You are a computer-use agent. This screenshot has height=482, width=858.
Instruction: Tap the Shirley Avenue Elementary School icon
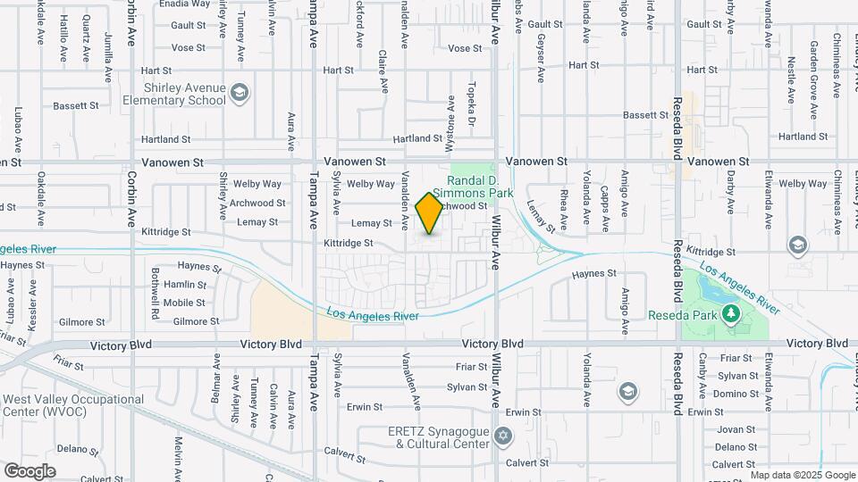click(239, 92)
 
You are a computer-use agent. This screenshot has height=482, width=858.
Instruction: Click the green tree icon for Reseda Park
click(731, 313)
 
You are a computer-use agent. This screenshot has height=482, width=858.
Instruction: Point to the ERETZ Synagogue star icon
click(504, 436)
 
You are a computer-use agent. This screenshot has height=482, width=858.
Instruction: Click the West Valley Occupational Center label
click(73, 406)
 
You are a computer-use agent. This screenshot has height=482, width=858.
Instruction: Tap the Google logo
click(29, 471)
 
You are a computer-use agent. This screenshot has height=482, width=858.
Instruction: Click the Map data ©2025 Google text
click(802, 475)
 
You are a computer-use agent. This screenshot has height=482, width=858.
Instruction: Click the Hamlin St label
click(185, 285)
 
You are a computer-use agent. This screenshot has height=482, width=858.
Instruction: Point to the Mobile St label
click(184, 303)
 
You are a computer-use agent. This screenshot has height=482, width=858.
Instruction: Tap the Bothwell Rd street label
click(155, 295)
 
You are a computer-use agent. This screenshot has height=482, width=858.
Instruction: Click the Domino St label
click(736, 394)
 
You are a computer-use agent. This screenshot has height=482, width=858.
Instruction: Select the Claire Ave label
click(383, 71)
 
